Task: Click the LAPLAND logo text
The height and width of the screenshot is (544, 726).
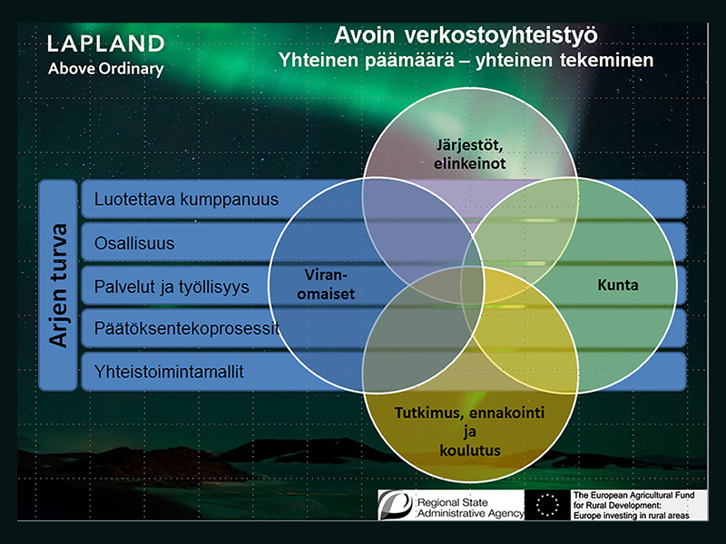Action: pos(106,44)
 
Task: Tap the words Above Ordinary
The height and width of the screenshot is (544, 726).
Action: pos(106,69)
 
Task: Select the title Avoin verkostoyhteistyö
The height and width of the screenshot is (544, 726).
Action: pos(466,36)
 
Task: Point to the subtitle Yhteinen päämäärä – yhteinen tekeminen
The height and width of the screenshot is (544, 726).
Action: pos(466,60)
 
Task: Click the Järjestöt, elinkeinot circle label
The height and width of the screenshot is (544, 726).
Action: pos(469,154)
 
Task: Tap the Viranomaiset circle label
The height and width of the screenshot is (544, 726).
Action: pos(326,284)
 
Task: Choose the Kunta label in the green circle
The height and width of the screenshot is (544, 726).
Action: pos(618,285)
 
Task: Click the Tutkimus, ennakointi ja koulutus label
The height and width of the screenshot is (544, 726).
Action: pos(469,432)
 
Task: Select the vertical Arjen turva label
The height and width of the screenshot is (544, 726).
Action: pos(58,286)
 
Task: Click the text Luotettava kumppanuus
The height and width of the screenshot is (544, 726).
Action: pos(186,199)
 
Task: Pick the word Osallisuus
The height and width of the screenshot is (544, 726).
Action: pos(134,243)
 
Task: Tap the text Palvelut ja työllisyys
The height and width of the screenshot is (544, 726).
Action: pos(172,287)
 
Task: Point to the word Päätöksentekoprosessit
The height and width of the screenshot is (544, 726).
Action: pos(187,328)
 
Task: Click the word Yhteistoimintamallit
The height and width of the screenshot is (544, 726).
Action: pos(169,372)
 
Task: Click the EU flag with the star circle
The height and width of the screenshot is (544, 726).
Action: pos(547,505)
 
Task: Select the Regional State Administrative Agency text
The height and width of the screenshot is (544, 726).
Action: pos(470,508)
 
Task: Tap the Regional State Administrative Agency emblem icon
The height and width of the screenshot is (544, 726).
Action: pos(396,505)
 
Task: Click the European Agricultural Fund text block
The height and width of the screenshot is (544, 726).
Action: pos(633,505)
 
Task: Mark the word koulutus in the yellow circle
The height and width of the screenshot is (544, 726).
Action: pos(470,450)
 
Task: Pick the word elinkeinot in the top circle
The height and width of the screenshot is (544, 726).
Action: pos(469,163)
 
